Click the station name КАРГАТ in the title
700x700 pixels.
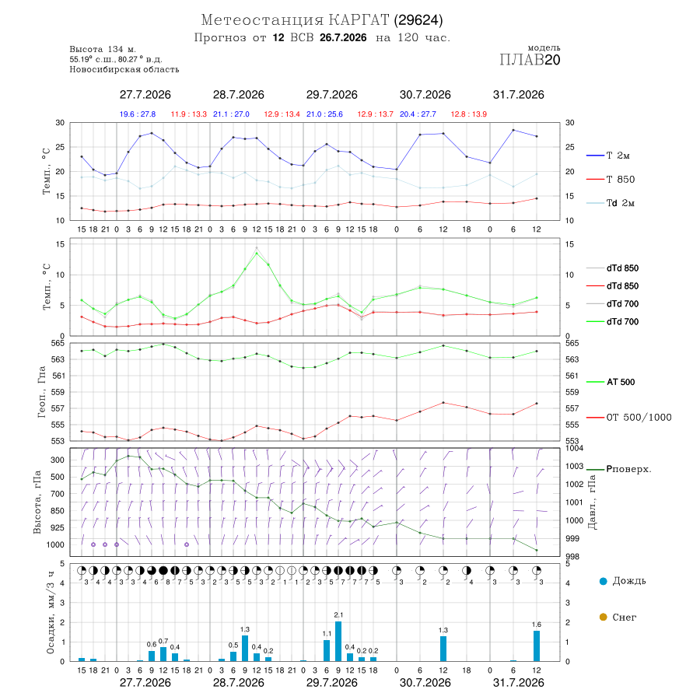[x=359, y=20]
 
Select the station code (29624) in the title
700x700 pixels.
[x=418, y=20]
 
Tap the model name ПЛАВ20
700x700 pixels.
[x=530, y=60]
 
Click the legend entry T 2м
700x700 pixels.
[x=608, y=156]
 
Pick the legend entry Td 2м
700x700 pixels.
[x=611, y=203]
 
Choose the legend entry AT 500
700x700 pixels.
[x=611, y=382]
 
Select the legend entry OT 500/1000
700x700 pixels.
[x=628, y=418]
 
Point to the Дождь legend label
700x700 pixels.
[x=623, y=581]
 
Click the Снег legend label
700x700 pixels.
[x=618, y=617]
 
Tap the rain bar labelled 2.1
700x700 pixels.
[x=338, y=641]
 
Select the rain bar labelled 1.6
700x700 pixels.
[x=537, y=646]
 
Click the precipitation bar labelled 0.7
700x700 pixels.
[x=163, y=654]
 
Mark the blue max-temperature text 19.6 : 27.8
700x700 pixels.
[x=138, y=114]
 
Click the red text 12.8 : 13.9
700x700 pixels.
[x=469, y=114]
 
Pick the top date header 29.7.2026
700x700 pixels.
[x=331, y=95]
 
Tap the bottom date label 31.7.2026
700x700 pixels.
[x=518, y=683]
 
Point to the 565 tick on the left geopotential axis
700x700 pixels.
[x=58, y=343]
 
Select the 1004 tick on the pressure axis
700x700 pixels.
[x=574, y=448]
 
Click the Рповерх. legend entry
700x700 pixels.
[x=619, y=469]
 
